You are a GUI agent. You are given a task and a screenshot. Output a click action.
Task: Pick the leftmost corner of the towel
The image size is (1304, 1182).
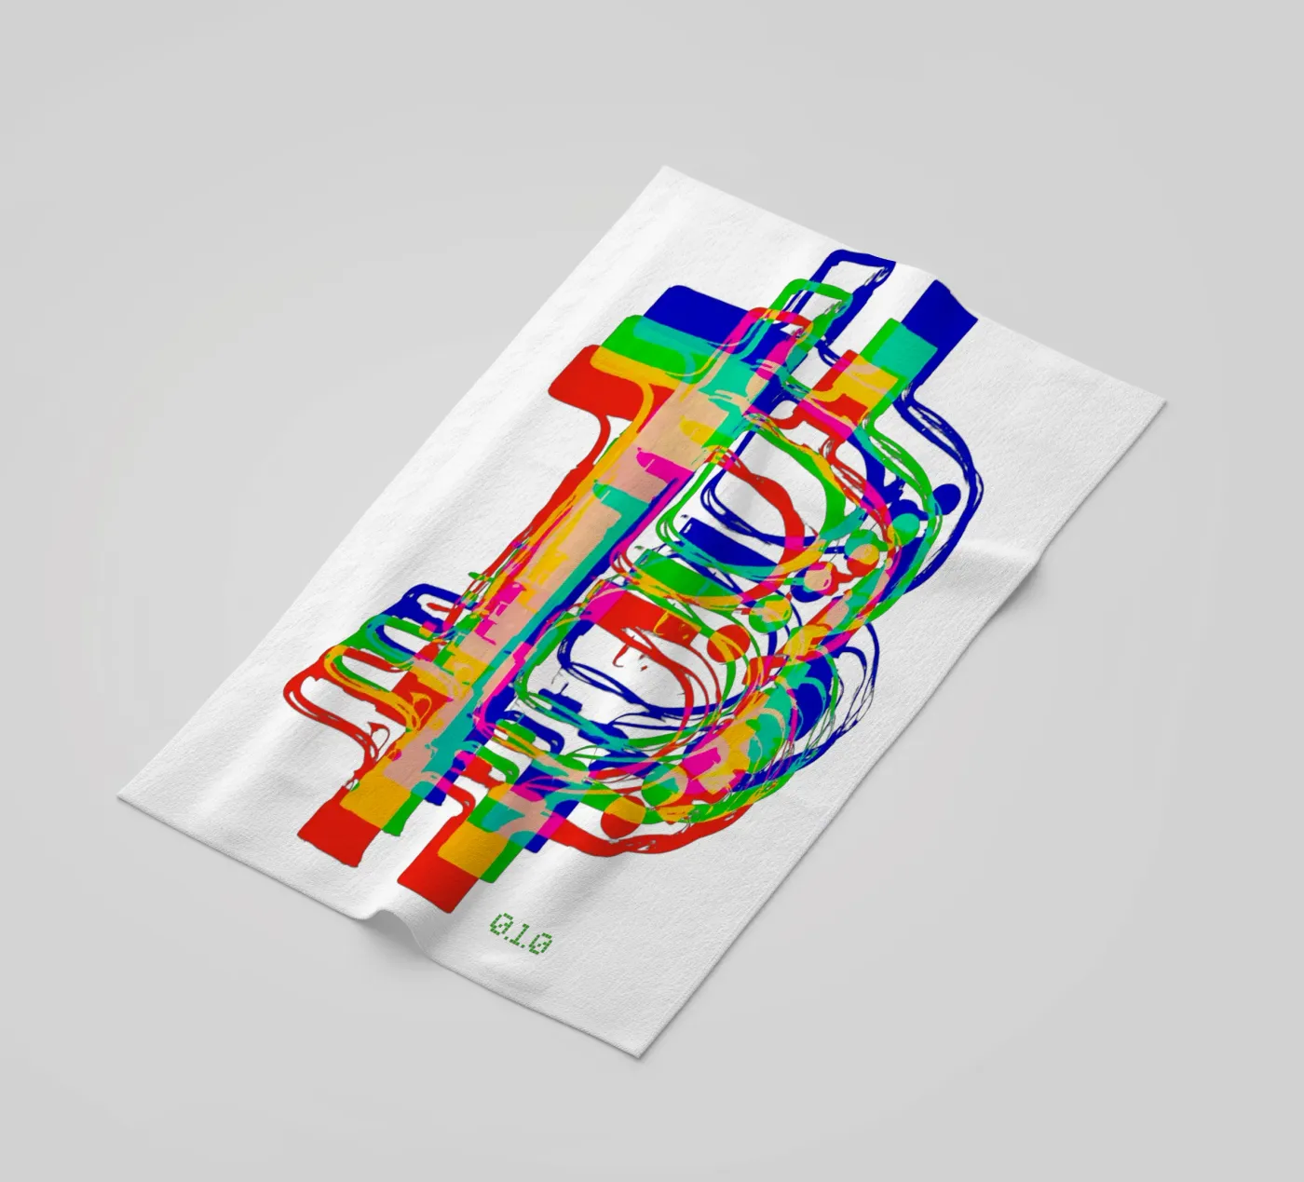click(119, 795)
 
